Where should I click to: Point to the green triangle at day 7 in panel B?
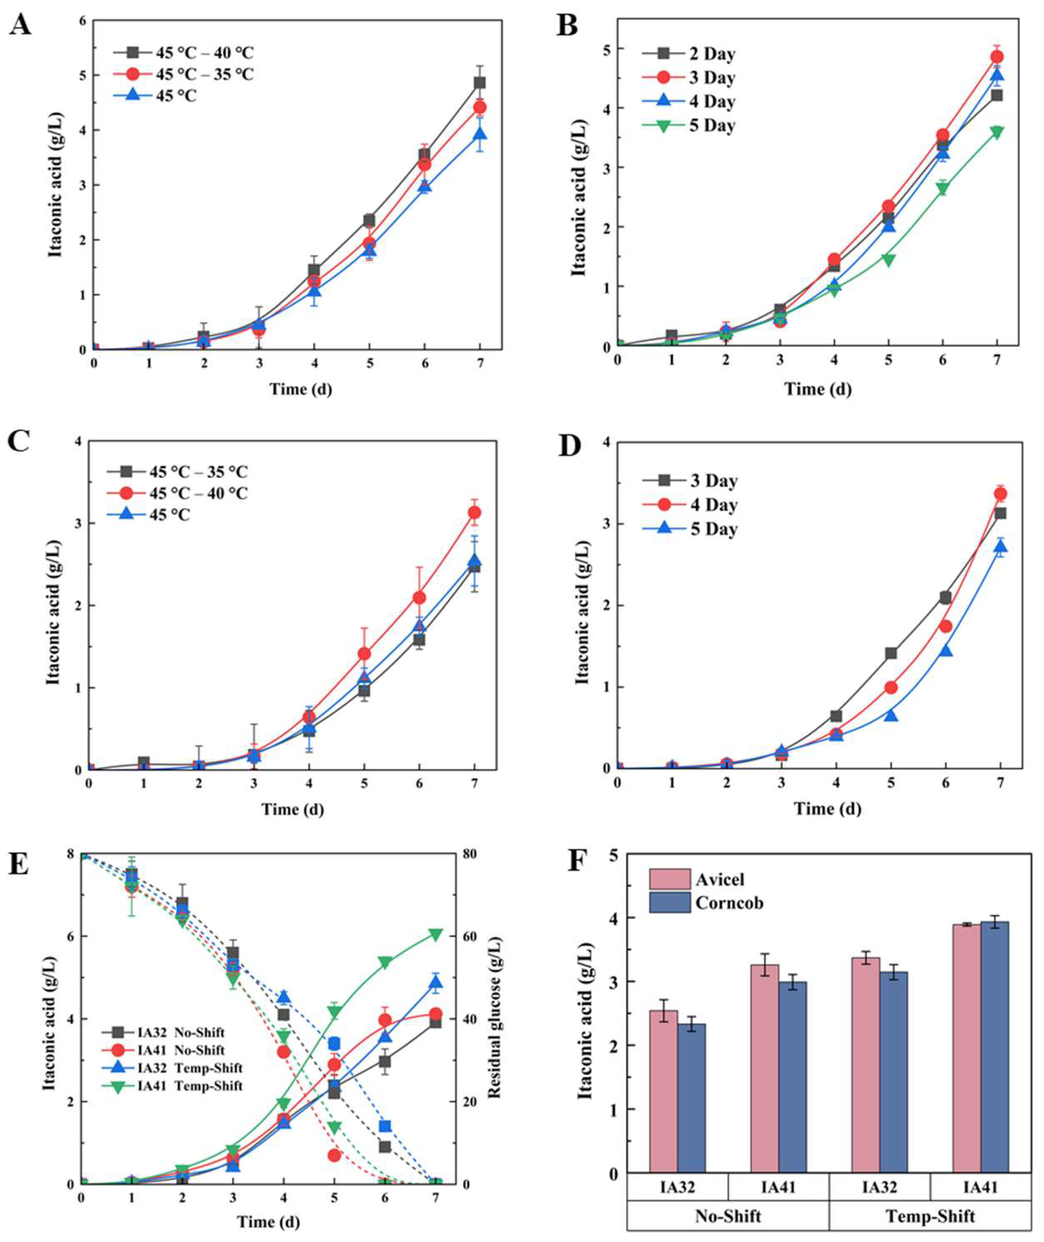[x=997, y=133]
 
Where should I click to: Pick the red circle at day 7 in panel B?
[x=997, y=57]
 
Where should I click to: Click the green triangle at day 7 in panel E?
[x=436, y=935]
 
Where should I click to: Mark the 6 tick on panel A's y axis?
[x=82, y=21]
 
